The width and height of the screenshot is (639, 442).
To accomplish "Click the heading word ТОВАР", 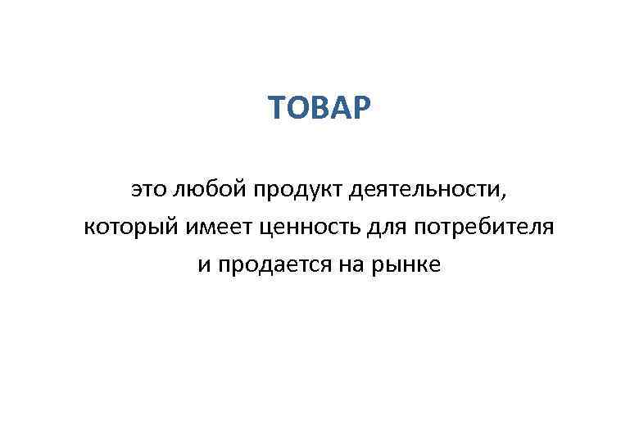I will [319, 106].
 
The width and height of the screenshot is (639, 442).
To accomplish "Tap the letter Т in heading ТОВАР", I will [277, 106].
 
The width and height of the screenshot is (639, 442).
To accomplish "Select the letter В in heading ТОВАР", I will [321, 106].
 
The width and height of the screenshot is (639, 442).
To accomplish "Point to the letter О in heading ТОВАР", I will [298, 106].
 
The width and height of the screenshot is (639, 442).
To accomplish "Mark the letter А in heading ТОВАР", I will [342, 106].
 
